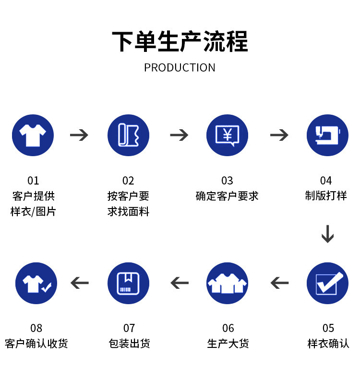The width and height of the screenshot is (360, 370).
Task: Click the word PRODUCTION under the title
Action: pos(180,68)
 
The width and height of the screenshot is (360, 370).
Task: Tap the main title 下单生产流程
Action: pos(180,41)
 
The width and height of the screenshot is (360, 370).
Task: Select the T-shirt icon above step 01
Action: pos(33,135)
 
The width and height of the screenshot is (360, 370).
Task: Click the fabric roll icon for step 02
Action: pos(128,135)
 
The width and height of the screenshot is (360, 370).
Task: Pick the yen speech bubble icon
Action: pos(227,135)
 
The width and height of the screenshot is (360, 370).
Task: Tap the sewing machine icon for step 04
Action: pos(327,135)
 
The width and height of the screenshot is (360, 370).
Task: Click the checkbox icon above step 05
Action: pos(327,283)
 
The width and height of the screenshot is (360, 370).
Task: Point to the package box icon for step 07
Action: pos(128,283)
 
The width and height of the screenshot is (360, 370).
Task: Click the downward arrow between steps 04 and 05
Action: pos(328,234)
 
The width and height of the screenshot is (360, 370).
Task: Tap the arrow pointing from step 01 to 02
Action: pos(79,135)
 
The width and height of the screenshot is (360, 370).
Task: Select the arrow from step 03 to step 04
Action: pos(279,135)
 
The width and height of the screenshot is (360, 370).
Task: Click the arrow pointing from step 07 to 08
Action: pos(80,283)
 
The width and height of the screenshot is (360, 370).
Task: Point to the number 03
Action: pos(227,181)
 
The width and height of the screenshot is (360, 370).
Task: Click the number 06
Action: pos(228,328)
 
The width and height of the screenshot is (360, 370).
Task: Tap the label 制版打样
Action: pos(326,196)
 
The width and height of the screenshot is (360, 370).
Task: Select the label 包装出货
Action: pos(129,344)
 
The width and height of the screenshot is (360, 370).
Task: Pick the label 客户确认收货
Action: pos(36,344)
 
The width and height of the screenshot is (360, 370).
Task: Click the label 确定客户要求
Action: pos(227,196)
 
